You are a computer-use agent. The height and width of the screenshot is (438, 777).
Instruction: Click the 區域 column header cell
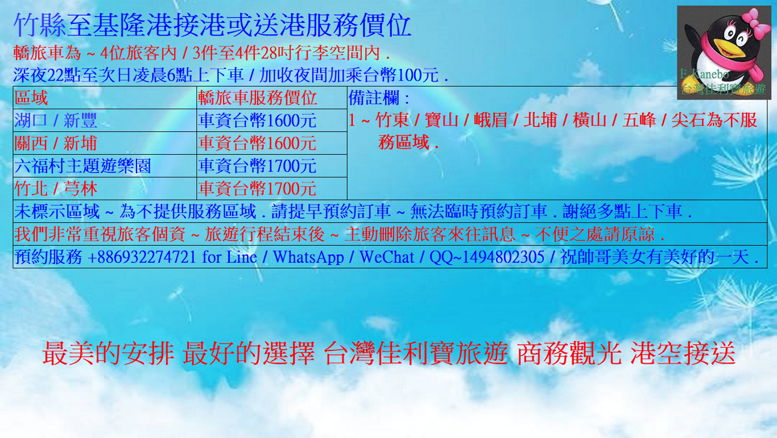coord(105,98)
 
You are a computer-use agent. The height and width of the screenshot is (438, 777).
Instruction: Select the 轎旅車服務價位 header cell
coord(271,98)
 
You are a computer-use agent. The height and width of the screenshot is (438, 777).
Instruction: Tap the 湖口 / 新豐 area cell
coord(105,121)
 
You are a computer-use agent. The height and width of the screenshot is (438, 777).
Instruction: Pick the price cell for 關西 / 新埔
coord(271,143)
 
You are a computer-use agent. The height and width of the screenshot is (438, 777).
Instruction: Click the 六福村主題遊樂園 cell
coord(105,166)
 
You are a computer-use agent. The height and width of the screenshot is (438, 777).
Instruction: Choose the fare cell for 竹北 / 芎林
coord(271,189)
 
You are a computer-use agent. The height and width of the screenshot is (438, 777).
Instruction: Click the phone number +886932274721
coord(142,257)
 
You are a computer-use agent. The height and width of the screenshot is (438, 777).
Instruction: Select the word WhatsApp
coord(308,257)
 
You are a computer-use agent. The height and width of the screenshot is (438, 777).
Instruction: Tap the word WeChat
coord(387,257)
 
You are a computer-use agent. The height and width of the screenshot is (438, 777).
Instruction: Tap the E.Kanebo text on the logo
coord(704,74)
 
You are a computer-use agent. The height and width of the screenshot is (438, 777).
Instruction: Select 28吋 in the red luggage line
coord(278,53)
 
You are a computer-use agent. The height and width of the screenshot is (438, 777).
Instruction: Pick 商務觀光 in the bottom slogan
coord(569,353)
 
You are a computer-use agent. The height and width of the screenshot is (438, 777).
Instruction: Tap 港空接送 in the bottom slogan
coord(683,353)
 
